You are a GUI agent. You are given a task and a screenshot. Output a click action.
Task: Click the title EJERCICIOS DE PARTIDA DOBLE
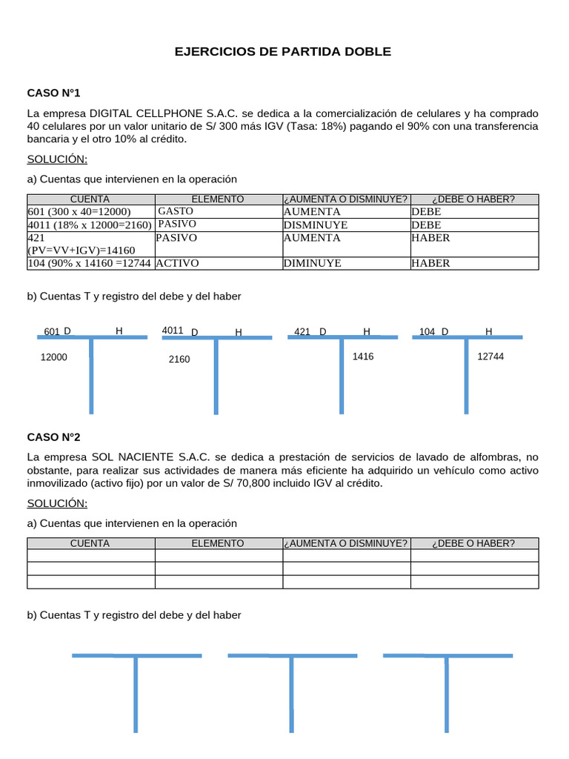(282, 52)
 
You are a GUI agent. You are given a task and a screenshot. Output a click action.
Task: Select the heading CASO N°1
(53, 93)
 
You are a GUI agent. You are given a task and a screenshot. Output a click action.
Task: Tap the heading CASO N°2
(53, 437)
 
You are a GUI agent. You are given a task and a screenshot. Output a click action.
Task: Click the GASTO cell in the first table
(176, 211)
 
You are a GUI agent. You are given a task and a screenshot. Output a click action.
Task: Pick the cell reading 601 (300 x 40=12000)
(79, 211)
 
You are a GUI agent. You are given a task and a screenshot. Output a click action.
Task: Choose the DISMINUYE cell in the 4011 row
(316, 225)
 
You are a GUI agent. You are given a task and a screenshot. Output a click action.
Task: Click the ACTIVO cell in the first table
(178, 263)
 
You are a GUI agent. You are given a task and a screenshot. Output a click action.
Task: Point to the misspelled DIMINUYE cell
(313, 263)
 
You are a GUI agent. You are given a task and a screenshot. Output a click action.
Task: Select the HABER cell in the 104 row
(430, 263)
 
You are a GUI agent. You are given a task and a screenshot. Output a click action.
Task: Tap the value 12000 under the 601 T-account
(53, 357)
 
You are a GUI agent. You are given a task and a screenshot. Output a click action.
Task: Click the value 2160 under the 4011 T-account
(179, 359)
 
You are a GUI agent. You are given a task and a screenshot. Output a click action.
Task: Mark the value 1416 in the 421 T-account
(363, 357)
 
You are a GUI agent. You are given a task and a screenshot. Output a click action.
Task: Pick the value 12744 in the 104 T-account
(490, 357)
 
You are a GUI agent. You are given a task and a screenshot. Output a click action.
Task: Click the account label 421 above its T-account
(302, 332)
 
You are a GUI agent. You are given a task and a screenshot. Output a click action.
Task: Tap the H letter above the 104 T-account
(488, 331)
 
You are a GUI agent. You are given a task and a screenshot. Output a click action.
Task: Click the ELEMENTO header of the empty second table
(218, 543)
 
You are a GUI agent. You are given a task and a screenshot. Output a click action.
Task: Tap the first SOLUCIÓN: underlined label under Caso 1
(57, 159)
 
